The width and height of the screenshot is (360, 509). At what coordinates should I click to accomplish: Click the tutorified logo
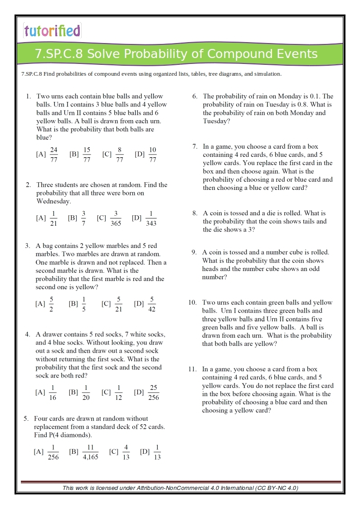pyautogui.click(x=52, y=30)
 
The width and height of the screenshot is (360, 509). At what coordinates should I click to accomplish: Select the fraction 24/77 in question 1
pyautogui.click(x=54, y=154)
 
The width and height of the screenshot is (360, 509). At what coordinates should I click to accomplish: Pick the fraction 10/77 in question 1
pyautogui.click(x=152, y=154)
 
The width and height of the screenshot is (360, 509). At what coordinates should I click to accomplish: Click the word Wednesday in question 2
pyautogui.click(x=53, y=201)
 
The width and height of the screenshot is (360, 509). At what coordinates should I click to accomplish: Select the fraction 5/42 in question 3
pyautogui.click(x=152, y=304)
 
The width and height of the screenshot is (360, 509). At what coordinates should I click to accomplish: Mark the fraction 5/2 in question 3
pyautogui.click(x=52, y=304)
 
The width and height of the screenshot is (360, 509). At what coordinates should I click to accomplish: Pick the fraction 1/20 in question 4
pyautogui.click(x=86, y=393)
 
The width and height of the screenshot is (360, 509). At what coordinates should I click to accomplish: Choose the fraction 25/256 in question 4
pyautogui.click(x=153, y=393)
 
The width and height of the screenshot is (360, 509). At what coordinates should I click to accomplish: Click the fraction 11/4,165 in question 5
pyautogui.click(x=90, y=452)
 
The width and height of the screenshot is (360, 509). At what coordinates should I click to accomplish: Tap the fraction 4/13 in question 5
pyautogui.click(x=126, y=452)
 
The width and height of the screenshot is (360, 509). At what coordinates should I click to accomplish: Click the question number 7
pyautogui.click(x=195, y=146)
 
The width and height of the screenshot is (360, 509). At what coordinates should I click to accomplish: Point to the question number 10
pyautogui.click(x=193, y=302)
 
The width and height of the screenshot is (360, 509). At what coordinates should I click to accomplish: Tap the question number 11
pyautogui.click(x=192, y=369)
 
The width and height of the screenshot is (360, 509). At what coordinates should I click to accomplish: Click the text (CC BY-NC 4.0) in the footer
pyautogui.click(x=277, y=488)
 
